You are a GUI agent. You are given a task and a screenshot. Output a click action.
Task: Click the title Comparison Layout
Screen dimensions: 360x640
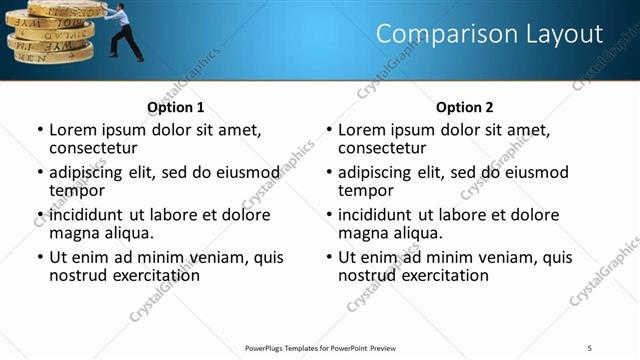tap(489, 35)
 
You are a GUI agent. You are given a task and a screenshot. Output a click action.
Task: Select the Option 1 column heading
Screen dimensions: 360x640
tap(175, 107)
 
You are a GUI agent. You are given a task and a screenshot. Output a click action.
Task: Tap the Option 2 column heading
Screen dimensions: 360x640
tap(464, 107)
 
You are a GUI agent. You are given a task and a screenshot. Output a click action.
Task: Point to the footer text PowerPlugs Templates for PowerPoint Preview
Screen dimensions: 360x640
tap(320, 347)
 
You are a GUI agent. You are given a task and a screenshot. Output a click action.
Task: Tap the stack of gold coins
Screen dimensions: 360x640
tap(50, 32)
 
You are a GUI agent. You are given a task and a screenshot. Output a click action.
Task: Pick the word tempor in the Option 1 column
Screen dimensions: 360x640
tap(77, 190)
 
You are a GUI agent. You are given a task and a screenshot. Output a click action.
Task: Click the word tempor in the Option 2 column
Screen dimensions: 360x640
tap(366, 190)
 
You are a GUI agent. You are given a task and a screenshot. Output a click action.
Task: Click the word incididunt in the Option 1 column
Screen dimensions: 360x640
tap(87, 215)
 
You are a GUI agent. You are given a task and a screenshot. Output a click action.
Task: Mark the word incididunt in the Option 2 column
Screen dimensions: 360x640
tap(376, 215)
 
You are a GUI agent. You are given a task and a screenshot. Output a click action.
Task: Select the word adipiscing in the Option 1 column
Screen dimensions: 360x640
tap(88, 172)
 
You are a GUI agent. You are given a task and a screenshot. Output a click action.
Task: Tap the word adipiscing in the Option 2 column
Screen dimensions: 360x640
tap(377, 172)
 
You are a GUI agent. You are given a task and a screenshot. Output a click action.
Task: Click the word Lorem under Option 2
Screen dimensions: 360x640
tap(362, 130)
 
